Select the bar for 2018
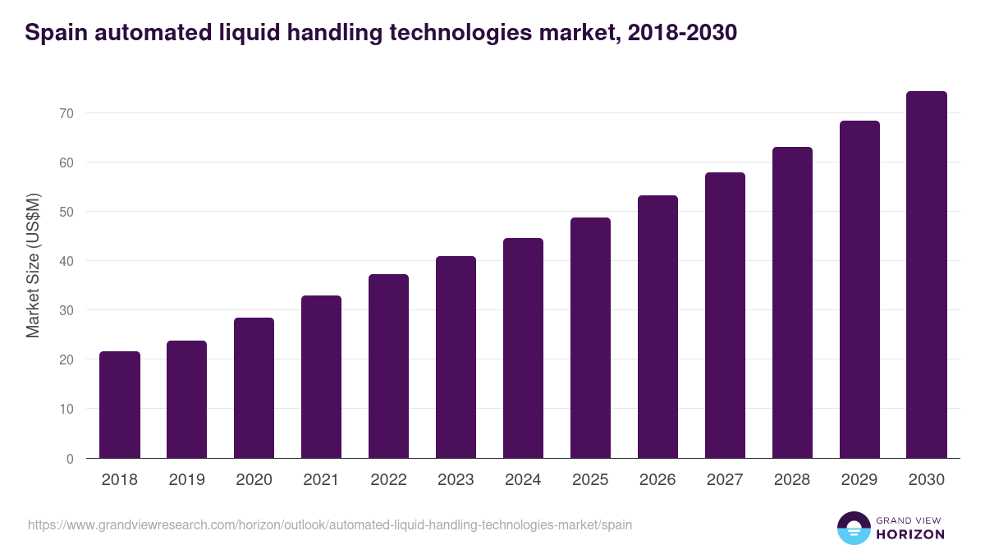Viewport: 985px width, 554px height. tap(120, 405)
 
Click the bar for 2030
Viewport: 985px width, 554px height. tap(927, 275)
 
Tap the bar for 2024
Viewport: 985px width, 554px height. tap(523, 348)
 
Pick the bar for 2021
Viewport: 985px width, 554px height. tap(321, 377)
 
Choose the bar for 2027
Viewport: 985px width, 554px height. tap(725, 315)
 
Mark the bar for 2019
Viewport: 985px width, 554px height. tap(187, 400)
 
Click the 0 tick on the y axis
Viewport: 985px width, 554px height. tap(71, 459)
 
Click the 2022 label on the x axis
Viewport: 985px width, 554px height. tap(388, 480)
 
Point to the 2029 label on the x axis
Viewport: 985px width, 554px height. tap(859, 480)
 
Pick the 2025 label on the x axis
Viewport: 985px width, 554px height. tap(590, 480)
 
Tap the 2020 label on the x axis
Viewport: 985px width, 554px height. tap(254, 480)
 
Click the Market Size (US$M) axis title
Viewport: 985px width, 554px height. tap(33, 264)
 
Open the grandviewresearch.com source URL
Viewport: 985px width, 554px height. tap(330, 524)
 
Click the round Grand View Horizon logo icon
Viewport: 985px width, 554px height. tap(854, 528)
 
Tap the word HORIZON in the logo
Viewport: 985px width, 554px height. tap(910, 534)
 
